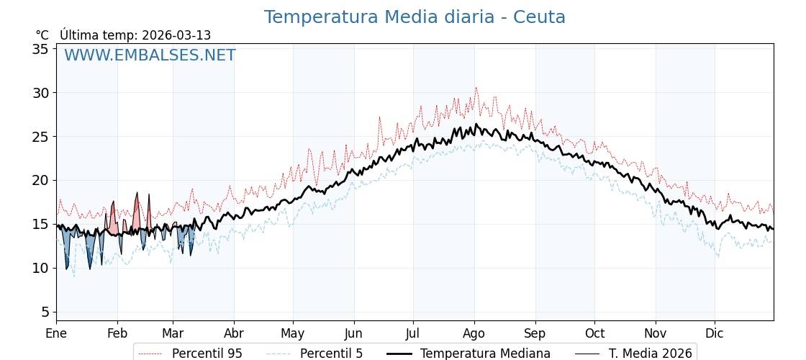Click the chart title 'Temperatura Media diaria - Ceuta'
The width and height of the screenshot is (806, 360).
pos(415,17)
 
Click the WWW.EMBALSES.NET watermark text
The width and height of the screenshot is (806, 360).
pos(150,55)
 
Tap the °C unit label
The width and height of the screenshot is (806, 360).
pos(42,35)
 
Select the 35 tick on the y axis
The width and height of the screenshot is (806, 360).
pos(40,49)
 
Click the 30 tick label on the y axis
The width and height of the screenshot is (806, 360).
pos(40,93)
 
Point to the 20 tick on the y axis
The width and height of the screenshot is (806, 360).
pos(40,180)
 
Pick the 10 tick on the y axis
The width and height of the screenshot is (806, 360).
pos(40,268)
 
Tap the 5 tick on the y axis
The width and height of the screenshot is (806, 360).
pos(45,312)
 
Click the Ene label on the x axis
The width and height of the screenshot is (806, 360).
pos(56,333)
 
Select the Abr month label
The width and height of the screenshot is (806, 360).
pos(234,333)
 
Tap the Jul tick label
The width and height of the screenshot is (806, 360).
pos(413,333)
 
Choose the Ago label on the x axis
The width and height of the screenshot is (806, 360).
pos(474,333)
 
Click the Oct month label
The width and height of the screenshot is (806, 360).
pos(594,333)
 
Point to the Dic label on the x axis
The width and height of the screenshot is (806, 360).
pos(715,333)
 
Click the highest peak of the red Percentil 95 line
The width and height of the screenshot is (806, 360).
pos(476,88)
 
